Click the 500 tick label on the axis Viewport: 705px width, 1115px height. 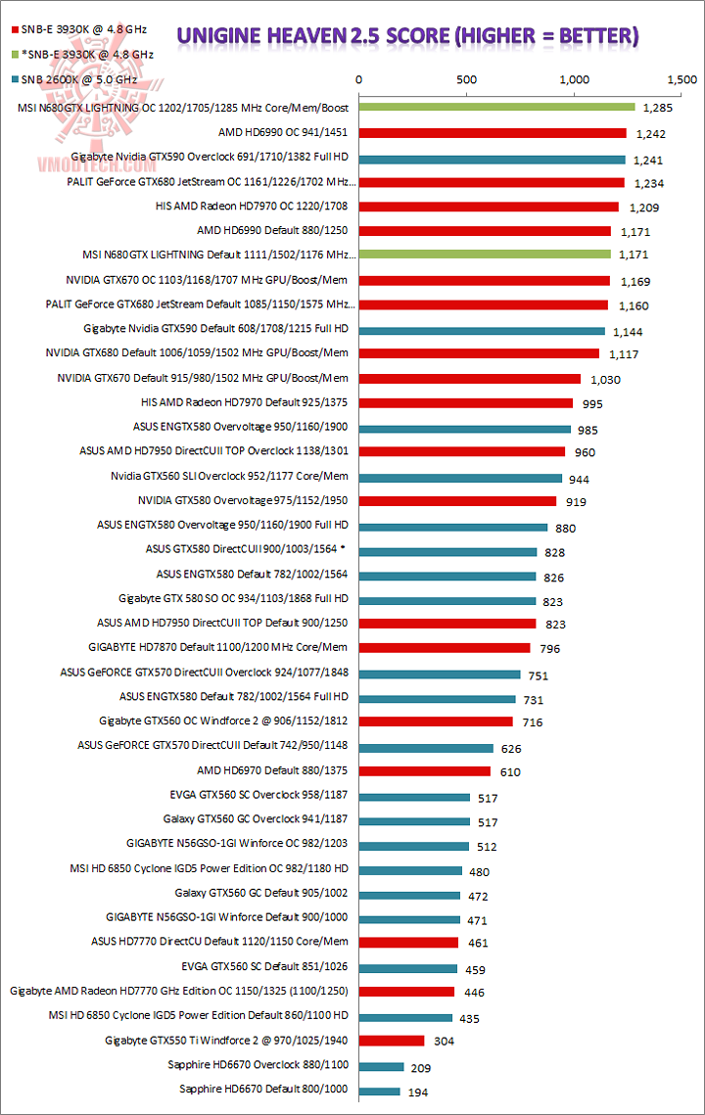click(466, 79)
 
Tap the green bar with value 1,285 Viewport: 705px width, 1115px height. click(496, 107)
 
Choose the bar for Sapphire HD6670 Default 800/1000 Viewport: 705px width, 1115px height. click(380, 1091)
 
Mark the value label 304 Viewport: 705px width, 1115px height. click(445, 1042)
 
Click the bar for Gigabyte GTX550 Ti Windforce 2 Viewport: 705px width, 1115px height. click(392, 1040)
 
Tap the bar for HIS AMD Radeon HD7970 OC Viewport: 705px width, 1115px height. click(489, 207)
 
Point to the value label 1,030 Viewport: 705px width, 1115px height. click(605, 380)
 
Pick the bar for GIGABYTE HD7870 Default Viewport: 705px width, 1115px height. click(445, 647)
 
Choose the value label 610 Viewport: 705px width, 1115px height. click(510, 772)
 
